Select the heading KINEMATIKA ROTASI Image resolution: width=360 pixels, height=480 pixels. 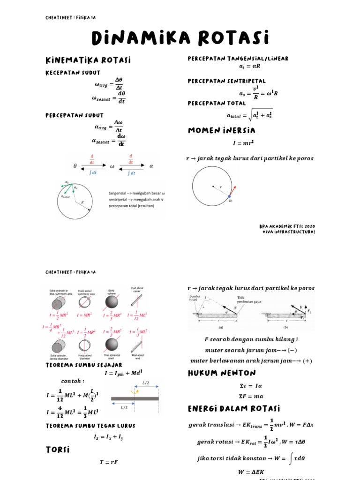[x=88, y=60]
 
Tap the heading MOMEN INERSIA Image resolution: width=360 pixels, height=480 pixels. [x=221, y=130]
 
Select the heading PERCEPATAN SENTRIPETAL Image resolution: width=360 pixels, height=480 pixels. [x=226, y=81]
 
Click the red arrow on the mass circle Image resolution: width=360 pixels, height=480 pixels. [x=233, y=190]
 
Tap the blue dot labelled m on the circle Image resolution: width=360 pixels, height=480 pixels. [x=229, y=196]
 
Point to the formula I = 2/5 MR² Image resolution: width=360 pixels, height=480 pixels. [x=113, y=315]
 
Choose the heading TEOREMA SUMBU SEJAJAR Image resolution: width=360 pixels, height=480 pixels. [x=84, y=365]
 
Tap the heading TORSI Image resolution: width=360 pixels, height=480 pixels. [x=58, y=450]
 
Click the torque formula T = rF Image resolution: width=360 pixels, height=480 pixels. [x=108, y=462]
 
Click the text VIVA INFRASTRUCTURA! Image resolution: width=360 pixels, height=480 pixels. [x=287, y=232]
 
